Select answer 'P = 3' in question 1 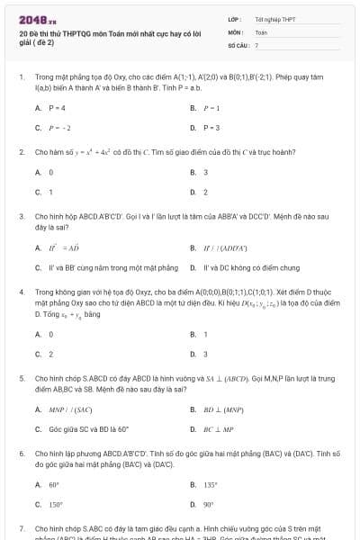point(211,127)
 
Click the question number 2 point(21,152)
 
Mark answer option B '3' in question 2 point(205,172)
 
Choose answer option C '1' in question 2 point(50,192)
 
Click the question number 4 point(21,292)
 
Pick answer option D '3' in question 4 point(205,354)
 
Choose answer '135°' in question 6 point(211,483)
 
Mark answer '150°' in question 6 point(56,504)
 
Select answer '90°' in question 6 point(209,504)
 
